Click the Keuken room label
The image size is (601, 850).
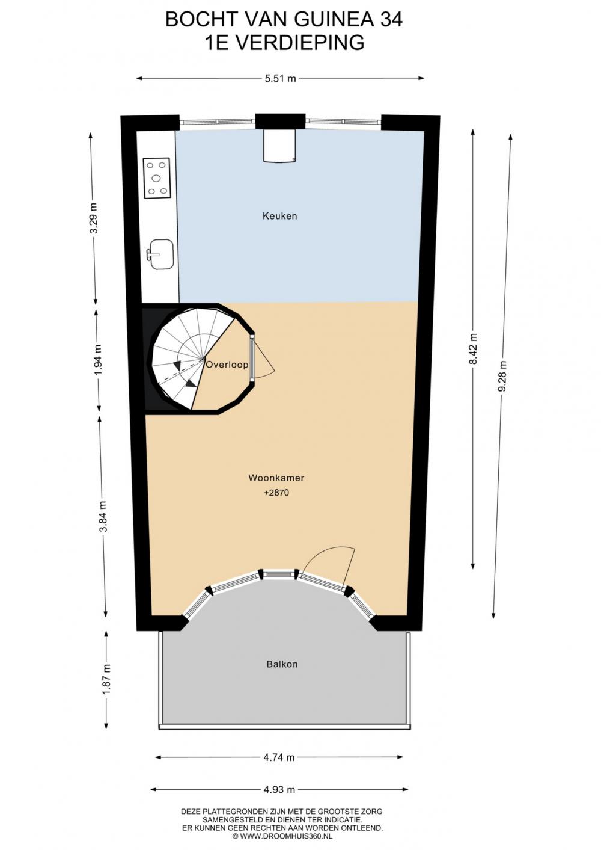tap(279, 216)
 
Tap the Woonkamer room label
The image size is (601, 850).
tap(276, 478)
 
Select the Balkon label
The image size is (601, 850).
tap(282, 664)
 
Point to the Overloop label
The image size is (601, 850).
tap(227, 365)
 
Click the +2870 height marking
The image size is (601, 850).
tap(276, 493)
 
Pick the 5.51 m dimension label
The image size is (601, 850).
tap(280, 79)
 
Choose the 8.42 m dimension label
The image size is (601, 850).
tap(472, 348)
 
